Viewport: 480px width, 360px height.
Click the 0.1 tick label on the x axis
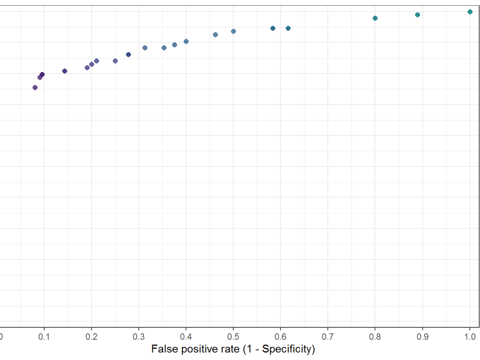[44, 337]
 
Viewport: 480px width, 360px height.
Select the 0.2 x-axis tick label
[91, 337]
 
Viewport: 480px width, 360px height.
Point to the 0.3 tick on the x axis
[139, 337]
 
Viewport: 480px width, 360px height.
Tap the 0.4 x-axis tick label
[186, 337]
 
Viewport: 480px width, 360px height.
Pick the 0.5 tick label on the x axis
[233, 337]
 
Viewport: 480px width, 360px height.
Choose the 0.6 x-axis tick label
[280, 337]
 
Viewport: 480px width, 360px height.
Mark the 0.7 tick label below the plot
[327, 337]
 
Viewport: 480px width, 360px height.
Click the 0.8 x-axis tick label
[375, 337]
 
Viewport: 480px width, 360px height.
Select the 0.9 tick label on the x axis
[422, 337]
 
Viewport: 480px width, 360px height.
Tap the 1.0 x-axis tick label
[470, 337]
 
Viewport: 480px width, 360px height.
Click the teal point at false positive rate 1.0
[470, 12]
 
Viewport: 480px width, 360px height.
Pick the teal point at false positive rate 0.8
[375, 18]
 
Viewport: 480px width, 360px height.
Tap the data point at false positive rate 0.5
[233, 32]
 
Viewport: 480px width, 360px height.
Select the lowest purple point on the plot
[35, 88]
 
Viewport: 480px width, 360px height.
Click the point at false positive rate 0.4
[186, 42]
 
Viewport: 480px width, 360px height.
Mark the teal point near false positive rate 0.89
[417, 15]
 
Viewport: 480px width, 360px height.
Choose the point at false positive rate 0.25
[115, 61]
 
